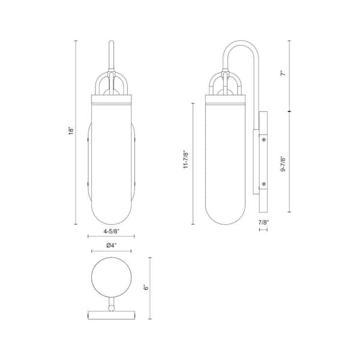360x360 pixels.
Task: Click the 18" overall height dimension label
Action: coord(71,130)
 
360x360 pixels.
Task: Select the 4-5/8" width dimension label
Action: coord(111,232)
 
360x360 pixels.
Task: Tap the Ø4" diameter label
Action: coord(112,245)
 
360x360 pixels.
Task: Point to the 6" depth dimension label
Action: coord(146,287)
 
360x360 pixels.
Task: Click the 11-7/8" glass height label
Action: coord(186,160)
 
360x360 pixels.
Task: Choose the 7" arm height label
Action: coord(284,73)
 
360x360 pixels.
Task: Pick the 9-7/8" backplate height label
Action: coord(284,164)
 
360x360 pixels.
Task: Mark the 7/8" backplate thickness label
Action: coord(263,222)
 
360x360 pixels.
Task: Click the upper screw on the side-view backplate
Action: coord(264,139)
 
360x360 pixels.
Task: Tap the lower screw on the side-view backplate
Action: coord(264,184)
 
